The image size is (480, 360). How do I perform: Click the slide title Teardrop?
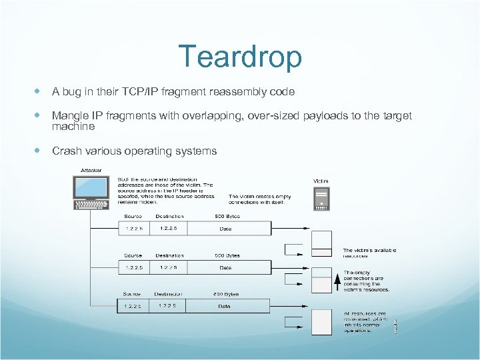coord(240,57)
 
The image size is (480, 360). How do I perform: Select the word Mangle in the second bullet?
coord(70,115)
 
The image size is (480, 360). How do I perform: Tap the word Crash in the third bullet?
coord(67,151)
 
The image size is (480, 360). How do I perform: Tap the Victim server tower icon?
coord(321,198)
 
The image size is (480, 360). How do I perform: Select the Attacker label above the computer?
coord(91,171)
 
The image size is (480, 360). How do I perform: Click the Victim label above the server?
coord(321,181)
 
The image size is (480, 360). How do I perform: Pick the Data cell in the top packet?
coord(227,229)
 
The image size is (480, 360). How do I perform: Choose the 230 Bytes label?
coord(227,294)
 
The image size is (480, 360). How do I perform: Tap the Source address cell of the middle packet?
coord(133,267)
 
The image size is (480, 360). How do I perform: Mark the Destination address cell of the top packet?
coord(170,229)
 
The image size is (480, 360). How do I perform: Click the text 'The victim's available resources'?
coord(369,253)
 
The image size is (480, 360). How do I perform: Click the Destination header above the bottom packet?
coord(169,294)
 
